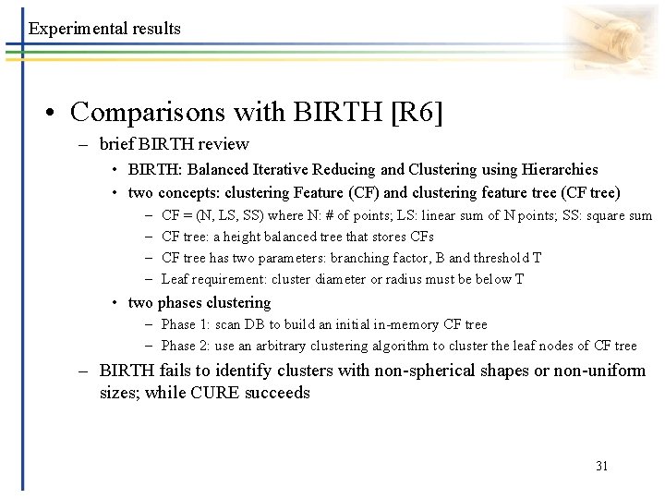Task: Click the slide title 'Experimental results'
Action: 104,29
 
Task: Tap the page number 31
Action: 601,466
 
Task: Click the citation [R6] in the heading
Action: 417,112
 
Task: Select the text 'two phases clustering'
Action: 199,302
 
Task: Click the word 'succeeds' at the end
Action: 278,393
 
